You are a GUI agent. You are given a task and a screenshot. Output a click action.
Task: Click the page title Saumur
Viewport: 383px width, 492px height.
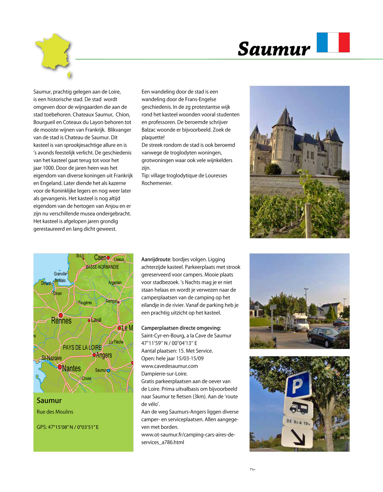(274, 49)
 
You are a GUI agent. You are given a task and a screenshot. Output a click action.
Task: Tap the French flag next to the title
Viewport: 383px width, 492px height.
(333, 42)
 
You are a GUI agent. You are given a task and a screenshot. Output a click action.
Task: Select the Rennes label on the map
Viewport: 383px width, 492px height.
(61, 321)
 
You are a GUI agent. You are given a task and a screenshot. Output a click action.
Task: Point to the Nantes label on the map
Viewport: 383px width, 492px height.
(71, 368)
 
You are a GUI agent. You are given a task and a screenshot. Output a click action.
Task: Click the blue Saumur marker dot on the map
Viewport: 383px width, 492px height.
(109, 370)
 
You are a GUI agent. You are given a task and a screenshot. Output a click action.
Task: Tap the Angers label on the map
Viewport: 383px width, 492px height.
(104, 355)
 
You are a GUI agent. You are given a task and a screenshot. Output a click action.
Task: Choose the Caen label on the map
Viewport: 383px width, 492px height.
(100, 257)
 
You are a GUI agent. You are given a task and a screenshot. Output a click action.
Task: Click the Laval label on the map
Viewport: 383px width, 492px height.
(96, 320)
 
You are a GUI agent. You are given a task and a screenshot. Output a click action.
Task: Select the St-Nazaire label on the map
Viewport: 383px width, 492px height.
(52, 358)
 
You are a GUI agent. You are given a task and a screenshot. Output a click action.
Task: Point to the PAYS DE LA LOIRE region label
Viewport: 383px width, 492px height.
(82, 347)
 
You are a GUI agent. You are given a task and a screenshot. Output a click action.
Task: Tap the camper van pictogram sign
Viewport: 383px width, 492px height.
(298, 408)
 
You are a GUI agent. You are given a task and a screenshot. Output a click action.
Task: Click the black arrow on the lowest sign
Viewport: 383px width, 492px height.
(298, 437)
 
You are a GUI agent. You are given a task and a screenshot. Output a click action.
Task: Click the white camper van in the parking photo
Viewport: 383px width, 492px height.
(297, 322)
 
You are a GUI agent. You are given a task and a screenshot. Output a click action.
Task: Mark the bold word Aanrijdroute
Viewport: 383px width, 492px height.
(156, 259)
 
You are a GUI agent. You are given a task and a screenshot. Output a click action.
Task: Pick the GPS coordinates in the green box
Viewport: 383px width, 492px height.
(68, 427)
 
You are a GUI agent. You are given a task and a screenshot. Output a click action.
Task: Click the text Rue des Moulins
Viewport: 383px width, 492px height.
(55, 412)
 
